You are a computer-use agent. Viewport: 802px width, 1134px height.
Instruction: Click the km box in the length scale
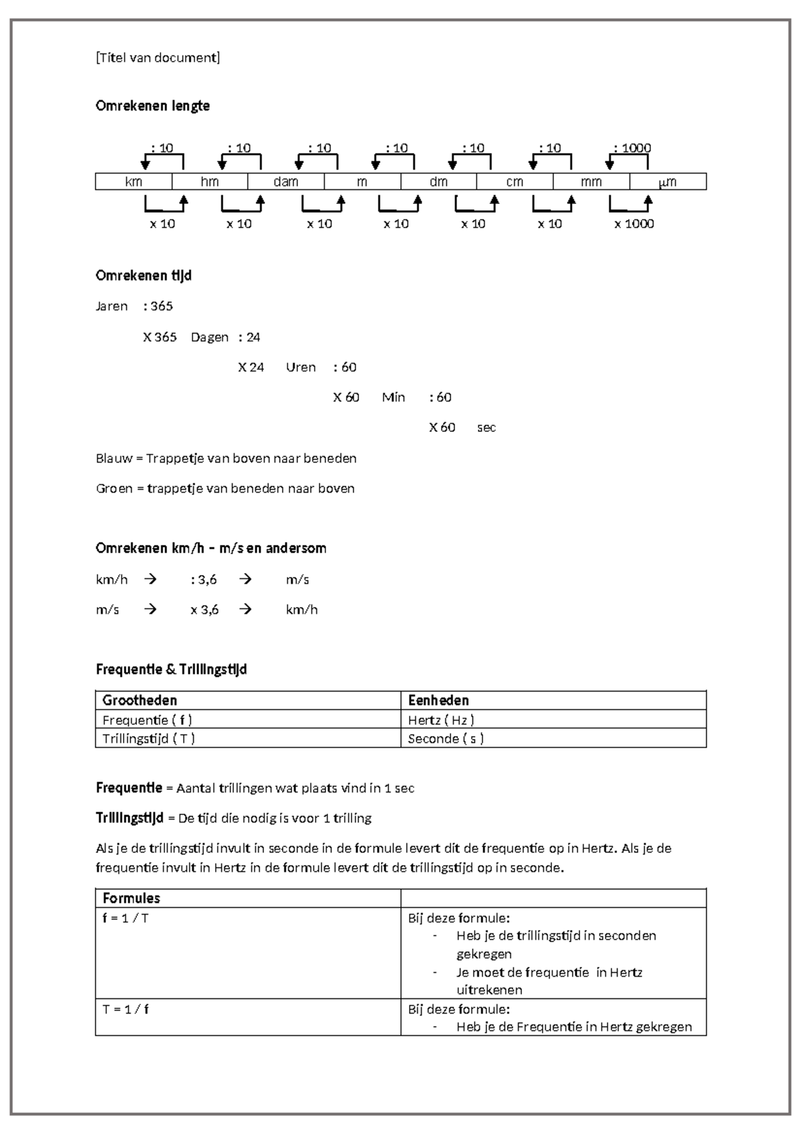point(134,182)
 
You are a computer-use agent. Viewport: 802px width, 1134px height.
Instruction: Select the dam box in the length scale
point(286,182)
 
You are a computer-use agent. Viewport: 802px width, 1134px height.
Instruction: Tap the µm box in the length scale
point(668,182)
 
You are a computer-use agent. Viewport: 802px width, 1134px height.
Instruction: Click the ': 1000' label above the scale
point(632,148)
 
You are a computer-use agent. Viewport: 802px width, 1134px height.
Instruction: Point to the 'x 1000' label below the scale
point(634,224)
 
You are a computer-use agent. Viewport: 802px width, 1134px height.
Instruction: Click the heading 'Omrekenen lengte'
point(152,106)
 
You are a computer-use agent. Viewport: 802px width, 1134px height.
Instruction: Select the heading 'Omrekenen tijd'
point(144,275)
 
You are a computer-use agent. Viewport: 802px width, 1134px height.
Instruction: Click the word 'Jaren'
point(112,306)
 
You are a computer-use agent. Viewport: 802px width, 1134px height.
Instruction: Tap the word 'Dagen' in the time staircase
point(209,337)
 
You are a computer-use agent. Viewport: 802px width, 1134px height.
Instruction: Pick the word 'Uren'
point(301,367)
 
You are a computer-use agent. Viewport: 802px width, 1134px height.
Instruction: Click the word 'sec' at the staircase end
point(486,427)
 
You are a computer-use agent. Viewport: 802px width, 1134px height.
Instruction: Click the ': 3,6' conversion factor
point(204,580)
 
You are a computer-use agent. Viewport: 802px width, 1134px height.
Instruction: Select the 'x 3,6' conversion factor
point(204,610)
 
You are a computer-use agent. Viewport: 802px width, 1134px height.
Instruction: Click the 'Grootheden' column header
point(140,700)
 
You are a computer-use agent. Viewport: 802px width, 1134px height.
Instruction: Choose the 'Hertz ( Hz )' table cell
point(441,720)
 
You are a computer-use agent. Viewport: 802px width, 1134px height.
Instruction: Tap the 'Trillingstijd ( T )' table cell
point(148,739)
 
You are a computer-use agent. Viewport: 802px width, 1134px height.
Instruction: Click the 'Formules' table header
point(131,898)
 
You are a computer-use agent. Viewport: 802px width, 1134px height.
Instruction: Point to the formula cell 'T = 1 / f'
point(126,1009)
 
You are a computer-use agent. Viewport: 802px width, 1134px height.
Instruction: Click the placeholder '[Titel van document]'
point(158,58)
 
